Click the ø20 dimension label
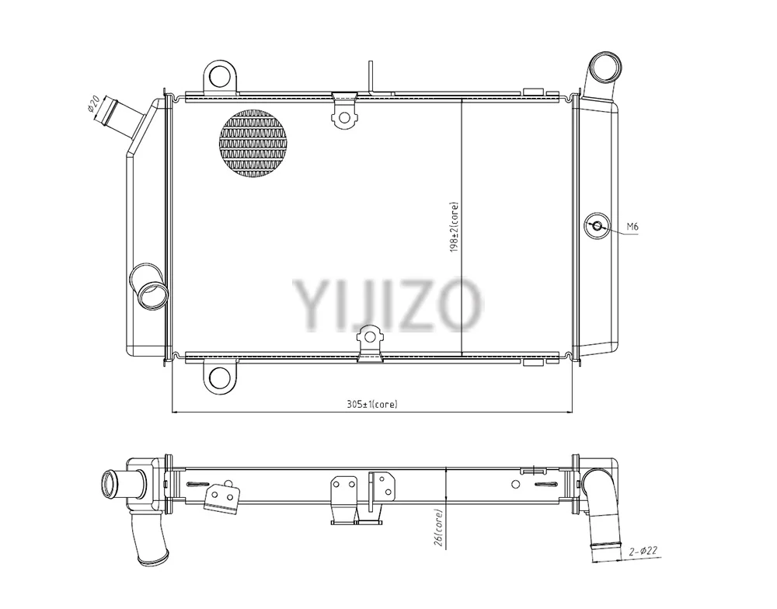(94, 104)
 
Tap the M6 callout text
(632, 227)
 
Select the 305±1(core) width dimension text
(372, 405)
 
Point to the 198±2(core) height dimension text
(454, 227)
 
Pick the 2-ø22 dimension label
(643, 551)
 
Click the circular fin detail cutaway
(253, 143)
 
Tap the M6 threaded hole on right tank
(597, 227)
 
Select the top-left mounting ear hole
(220, 76)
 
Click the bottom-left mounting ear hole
(220, 378)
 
